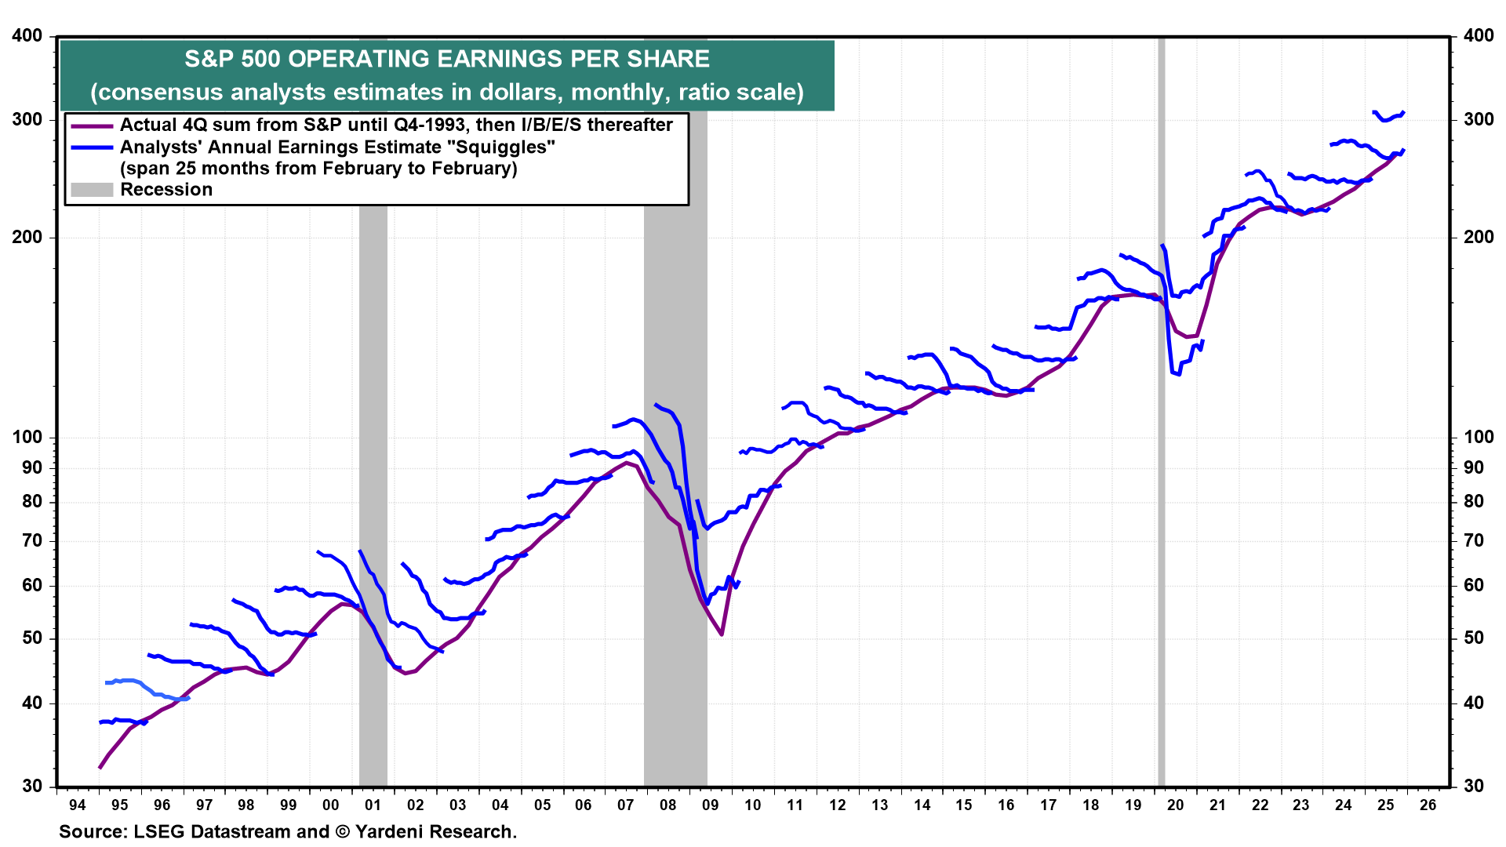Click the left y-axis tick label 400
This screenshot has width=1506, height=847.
point(27,35)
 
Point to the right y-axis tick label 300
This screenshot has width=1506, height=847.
point(1479,119)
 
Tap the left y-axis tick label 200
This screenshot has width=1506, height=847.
point(27,237)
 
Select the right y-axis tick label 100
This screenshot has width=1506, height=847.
point(1479,437)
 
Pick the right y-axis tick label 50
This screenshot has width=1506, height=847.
point(1474,638)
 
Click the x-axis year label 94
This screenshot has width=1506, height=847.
point(77,805)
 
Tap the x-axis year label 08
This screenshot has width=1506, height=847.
point(668,805)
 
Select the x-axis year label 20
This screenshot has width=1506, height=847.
point(1175,805)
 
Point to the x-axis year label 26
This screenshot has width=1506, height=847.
point(1428,805)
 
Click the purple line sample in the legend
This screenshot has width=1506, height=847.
point(92,125)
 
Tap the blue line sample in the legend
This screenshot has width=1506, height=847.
point(92,147)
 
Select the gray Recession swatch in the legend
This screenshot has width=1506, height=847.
point(92,190)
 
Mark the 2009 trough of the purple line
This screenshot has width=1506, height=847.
point(721,634)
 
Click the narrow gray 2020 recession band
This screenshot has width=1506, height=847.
point(1162,471)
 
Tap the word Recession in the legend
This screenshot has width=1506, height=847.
point(166,190)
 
